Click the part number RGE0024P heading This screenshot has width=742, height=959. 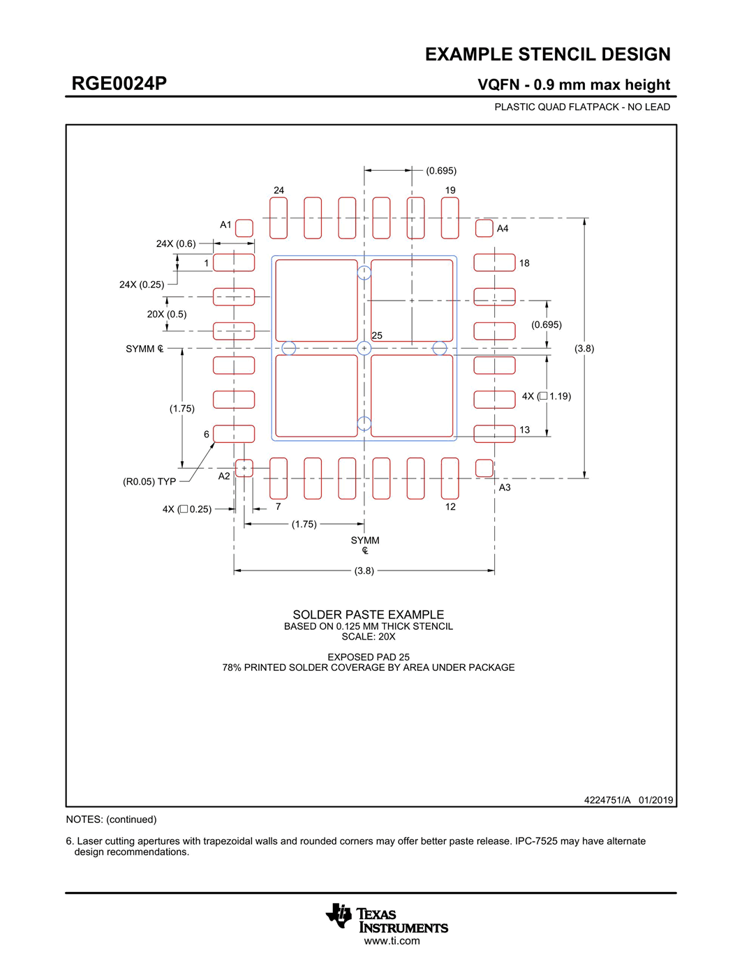(x=119, y=84)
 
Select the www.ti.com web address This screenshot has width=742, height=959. (x=392, y=941)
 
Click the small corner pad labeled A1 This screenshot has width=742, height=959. (x=244, y=228)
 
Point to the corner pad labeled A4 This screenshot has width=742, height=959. (x=484, y=228)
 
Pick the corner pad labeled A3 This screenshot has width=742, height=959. (x=484, y=468)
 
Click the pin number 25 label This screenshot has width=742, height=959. (x=377, y=335)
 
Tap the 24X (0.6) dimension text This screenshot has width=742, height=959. (x=176, y=244)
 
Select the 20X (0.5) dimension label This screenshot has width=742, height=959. (x=167, y=315)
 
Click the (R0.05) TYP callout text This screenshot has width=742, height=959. (x=149, y=482)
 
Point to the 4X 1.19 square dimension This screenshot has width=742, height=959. (x=547, y=396)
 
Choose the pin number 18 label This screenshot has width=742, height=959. (x=524, y=263)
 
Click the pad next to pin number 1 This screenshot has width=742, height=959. (x=234, y=262)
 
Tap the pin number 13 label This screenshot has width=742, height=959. (x=524, y=430)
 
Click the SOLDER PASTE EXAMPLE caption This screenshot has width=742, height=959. (x=368, y=614)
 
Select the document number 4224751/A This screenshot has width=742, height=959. (x=607, y=800)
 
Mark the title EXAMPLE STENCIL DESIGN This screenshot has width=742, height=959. (x=547, y=54)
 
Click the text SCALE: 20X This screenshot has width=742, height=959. (x=368, y=637)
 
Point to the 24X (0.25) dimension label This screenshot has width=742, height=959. (x=142, y=285)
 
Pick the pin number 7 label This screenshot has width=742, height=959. (x=278, y=506)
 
